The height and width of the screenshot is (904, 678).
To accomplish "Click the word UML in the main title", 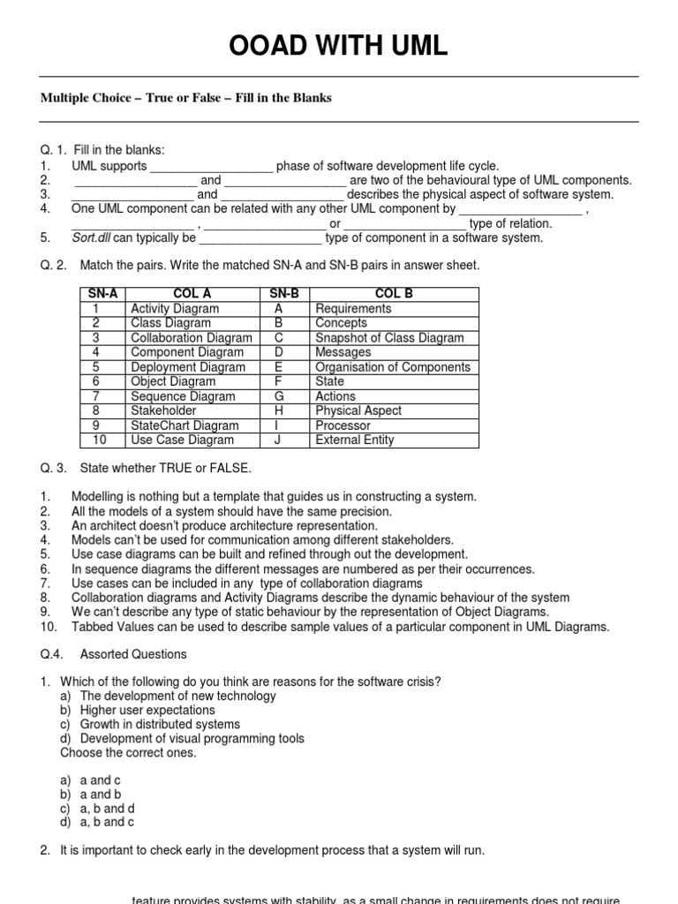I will (411, 47).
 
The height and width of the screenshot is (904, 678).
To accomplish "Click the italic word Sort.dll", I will (92, 237).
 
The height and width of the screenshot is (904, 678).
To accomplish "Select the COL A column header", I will (190, 294).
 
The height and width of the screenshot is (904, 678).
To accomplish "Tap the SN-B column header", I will (278, 294).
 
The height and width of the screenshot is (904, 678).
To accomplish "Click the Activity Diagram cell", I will (175, 309).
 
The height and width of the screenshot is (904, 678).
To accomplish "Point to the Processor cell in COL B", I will (343, 426).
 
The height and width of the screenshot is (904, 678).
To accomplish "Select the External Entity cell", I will (355, 440).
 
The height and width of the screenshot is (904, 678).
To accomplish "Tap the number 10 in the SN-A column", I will (95, 440).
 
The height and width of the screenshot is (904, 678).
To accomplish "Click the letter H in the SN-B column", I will (278, 411).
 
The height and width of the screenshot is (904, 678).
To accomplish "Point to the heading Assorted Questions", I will (133, 654).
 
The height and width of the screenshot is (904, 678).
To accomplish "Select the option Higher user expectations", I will (147, 710).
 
